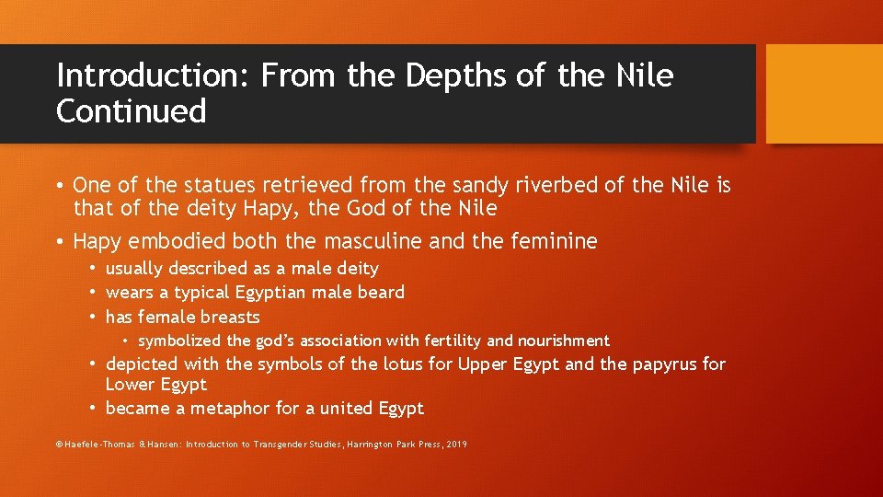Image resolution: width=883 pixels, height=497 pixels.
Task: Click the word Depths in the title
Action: click(x=451, y=75)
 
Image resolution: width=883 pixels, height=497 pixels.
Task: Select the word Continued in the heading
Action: click(x=131, y=110)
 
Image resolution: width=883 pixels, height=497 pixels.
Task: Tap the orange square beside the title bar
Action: click(x=824, y=94)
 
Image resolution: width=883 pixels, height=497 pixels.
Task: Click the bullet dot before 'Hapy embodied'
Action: click(x=60, y=242)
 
